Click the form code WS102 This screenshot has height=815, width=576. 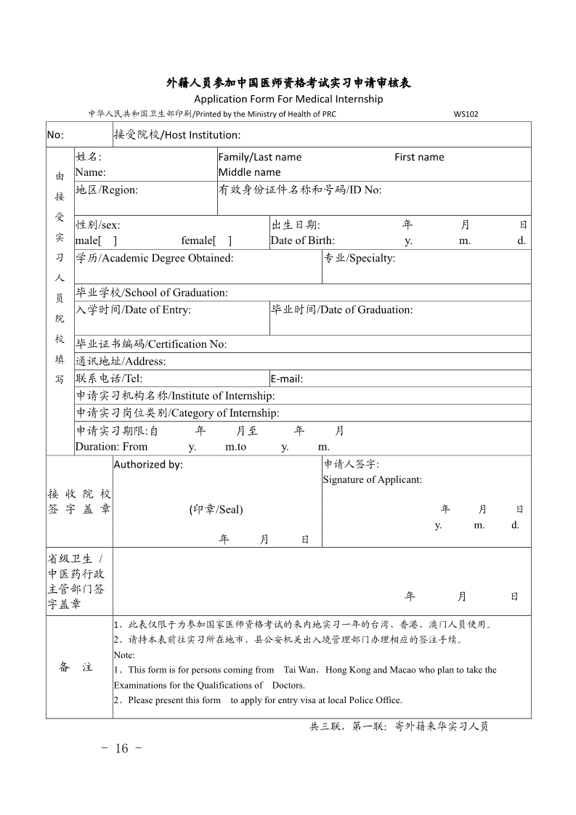coord(466,114)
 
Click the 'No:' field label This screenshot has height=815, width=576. coord(55,135)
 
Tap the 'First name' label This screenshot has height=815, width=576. coord(419,157)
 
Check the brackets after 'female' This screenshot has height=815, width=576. coord(222,241)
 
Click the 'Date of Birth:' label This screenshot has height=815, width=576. coord(302,241)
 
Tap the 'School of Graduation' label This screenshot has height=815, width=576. coord(152,293)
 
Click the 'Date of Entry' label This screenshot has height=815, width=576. coord(134,310)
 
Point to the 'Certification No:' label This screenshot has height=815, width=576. coord(151,344)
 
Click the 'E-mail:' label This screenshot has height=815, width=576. coord(286,378)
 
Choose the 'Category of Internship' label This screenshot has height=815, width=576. coord(177,413)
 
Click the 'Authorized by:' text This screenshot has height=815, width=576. coord(148,465)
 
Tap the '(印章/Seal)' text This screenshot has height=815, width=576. coord(216,509)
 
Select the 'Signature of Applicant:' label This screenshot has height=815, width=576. coord(372,479)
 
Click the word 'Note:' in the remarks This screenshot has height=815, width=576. coord(124,654)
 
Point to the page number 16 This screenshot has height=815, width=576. coord(121,749)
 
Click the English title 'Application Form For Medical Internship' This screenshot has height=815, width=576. coord(288,99)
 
